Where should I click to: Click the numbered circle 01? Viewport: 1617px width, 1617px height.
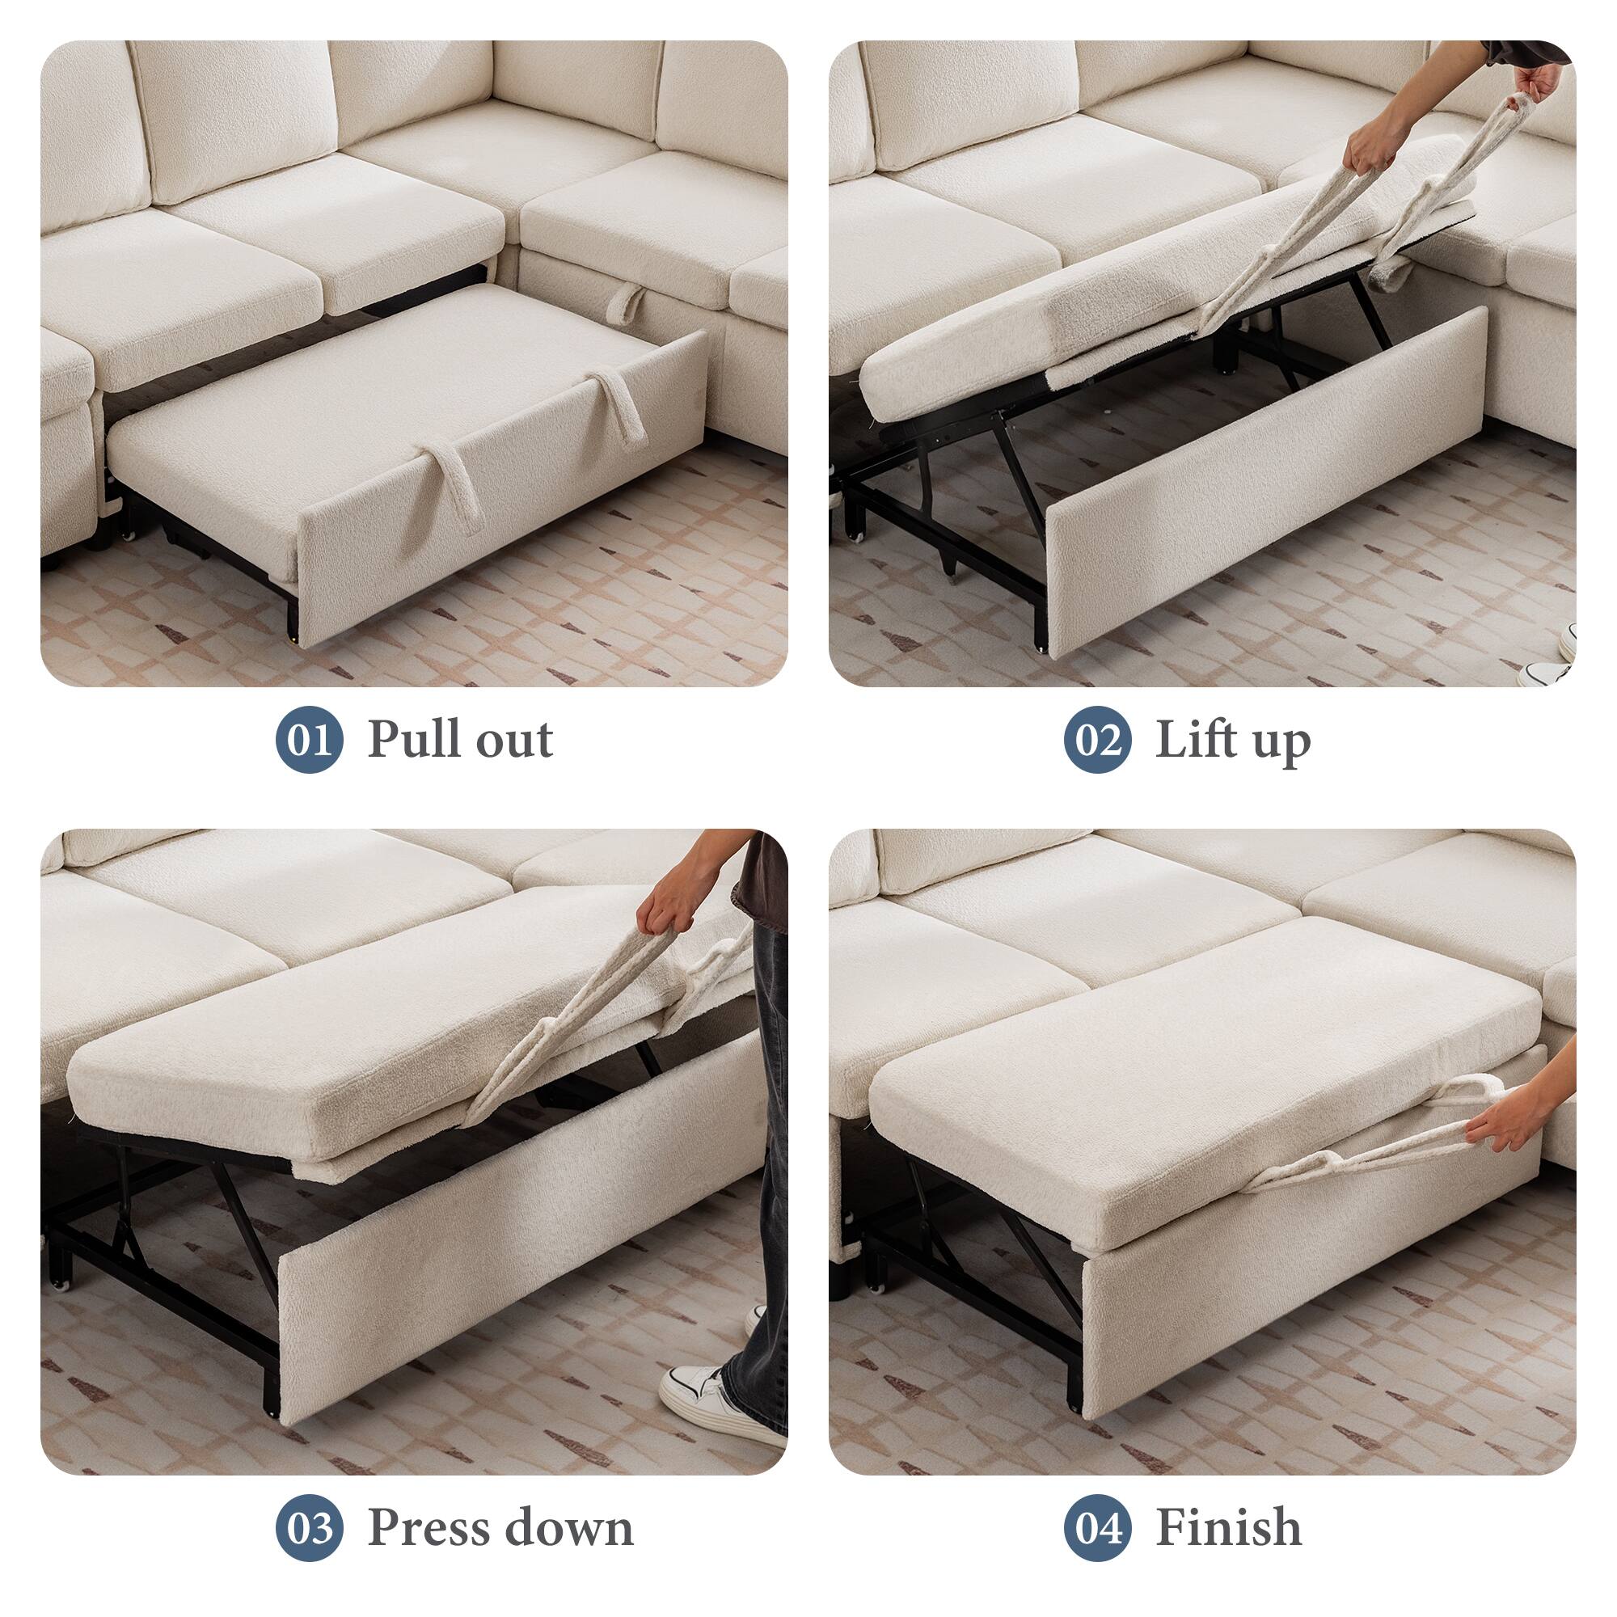[310, 740]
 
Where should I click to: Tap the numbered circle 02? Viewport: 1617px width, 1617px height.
[1098, 740]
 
